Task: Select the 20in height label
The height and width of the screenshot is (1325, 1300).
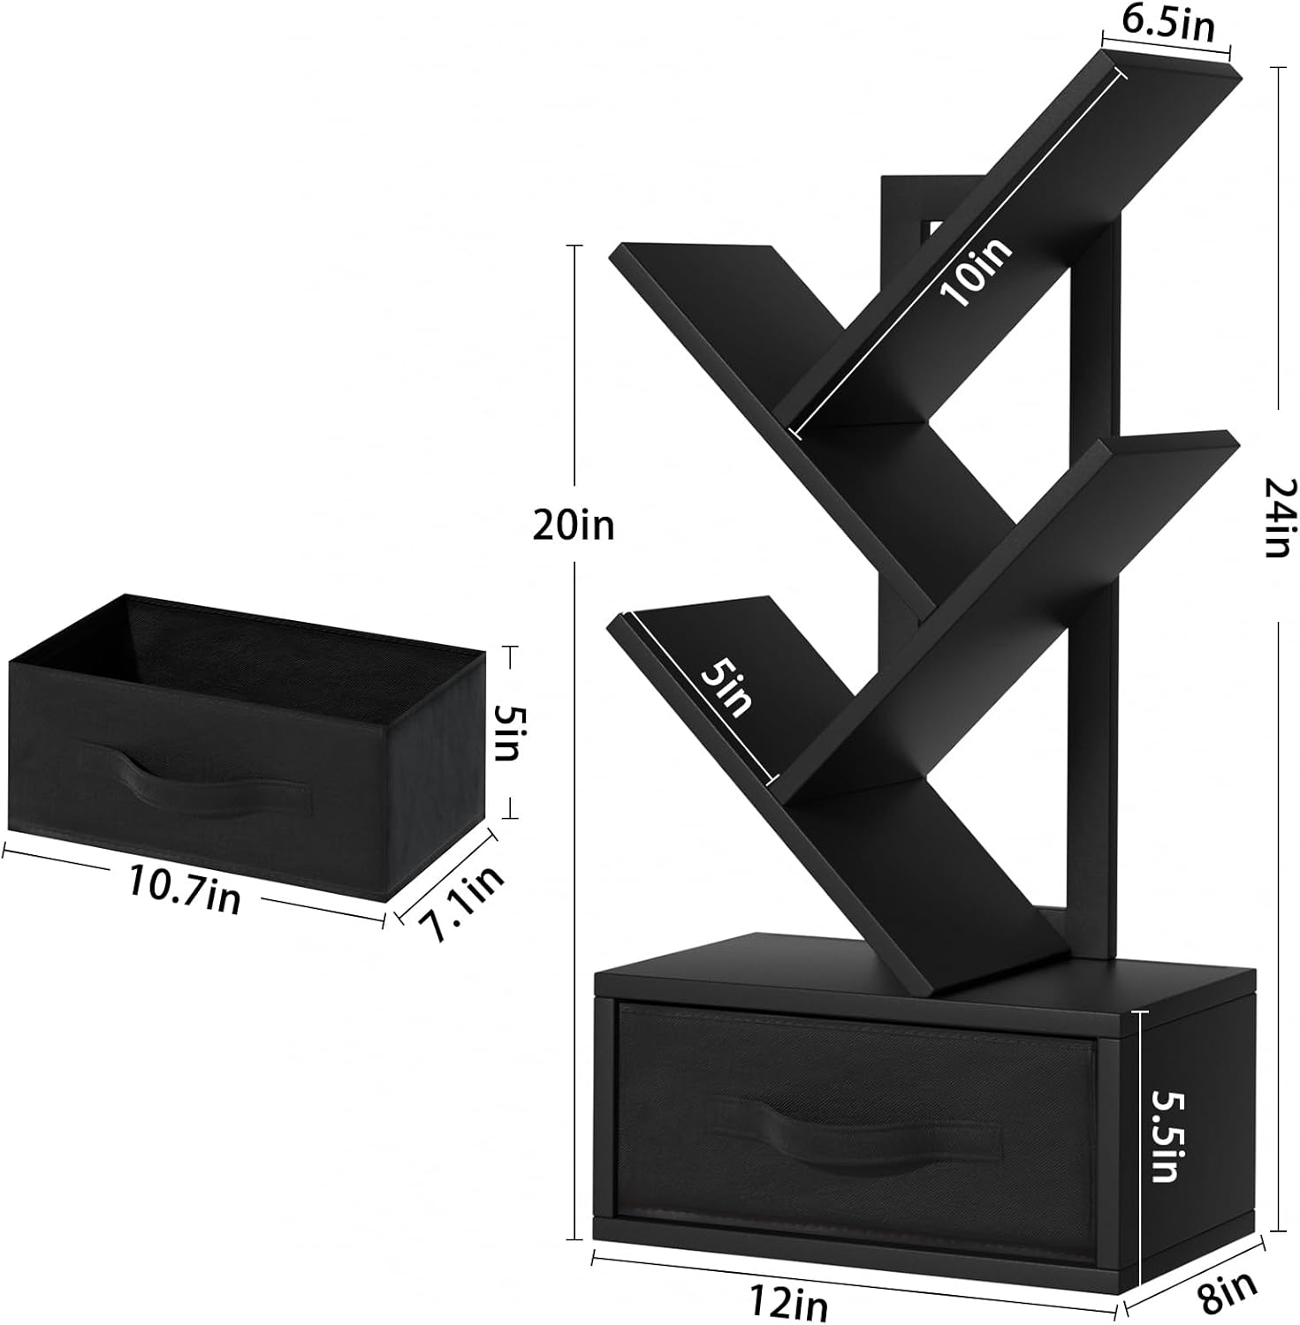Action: pos(573,526)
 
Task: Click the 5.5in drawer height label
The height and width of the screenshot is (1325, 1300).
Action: pos(1167,1137)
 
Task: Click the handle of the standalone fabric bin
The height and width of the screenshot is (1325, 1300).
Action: pos(195,781)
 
